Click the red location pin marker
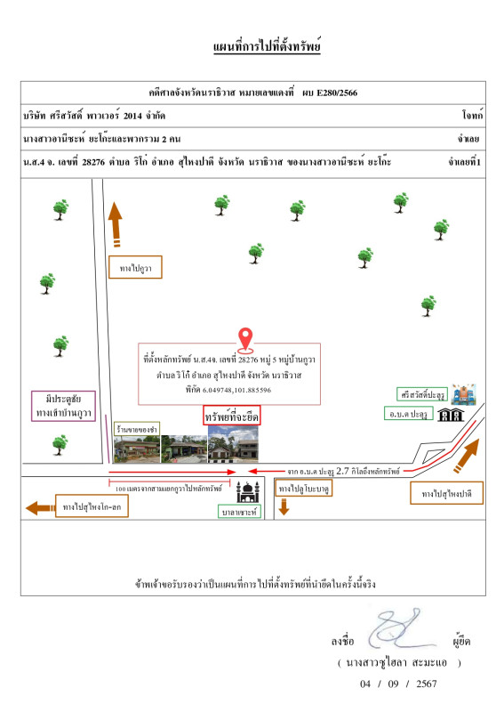(245, 340)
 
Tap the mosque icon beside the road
(248, 492)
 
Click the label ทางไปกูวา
(135, 268)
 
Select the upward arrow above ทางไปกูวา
(116, 224)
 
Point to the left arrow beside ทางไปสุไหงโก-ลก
(40, 507)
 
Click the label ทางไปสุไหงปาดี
(446, 493)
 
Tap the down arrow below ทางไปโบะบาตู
(284, 506)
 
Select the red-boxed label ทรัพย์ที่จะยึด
(231, 416)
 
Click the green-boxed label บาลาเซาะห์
(239, 512)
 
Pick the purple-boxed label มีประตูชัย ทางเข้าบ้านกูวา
(63, 406)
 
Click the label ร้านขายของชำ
(137, 429)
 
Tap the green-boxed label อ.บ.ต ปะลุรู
(409, 414)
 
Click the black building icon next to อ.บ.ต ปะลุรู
(451, 415)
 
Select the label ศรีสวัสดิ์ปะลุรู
(422, 394)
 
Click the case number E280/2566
(337, 93)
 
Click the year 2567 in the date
(427, 684)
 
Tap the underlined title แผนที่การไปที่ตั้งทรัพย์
(267, 46)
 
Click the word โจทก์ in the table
(472, 116)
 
